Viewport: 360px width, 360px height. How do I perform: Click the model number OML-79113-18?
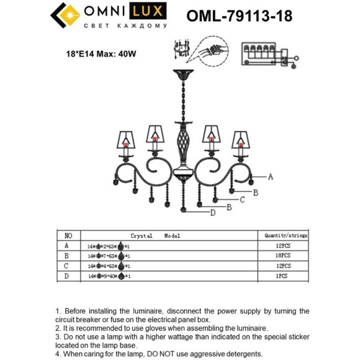(x=240, y=16)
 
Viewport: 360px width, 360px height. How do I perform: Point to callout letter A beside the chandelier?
(x=271, y=176)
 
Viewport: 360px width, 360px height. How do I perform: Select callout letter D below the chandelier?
(x=212, y=213)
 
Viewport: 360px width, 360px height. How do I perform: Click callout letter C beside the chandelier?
(x=243, y=200)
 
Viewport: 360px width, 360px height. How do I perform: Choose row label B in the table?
(x=67, y=256)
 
